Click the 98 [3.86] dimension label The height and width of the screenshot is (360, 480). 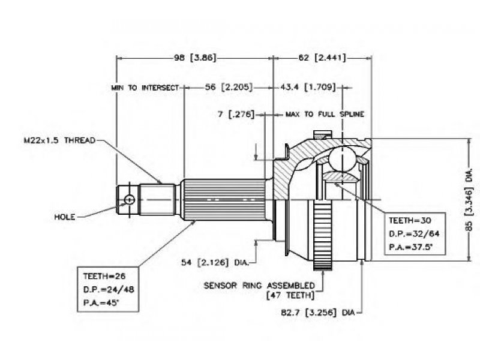195,58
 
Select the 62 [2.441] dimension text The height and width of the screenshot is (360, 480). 322,58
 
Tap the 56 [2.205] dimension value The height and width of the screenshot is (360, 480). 229,87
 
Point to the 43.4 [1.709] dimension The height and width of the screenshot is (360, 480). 308,87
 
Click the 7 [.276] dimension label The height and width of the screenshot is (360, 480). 236,114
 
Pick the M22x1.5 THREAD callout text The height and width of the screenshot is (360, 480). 59,140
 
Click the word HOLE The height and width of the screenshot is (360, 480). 65,217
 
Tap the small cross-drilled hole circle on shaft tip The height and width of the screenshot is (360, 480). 130,200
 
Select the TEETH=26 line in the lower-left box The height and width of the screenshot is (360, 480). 104,276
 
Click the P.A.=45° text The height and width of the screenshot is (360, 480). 101,303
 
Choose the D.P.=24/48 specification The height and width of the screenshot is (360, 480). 109,289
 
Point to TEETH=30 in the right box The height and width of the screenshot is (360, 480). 410,220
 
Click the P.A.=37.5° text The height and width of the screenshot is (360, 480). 410,247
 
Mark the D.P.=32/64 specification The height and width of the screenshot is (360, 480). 414,234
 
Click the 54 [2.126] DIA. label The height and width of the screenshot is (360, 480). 215,262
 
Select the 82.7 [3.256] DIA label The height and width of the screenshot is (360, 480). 317,313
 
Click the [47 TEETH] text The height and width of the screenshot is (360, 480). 290,295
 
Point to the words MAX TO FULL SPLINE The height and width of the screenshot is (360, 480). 325,115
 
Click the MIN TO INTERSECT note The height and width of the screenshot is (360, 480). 145,88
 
